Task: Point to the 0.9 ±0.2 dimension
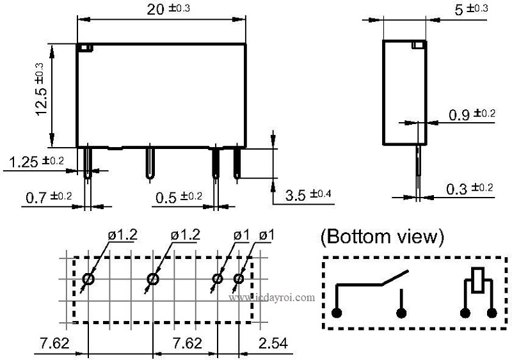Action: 471,114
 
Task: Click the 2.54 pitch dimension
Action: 272,343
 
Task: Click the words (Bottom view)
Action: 382,237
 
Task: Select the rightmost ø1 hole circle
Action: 239,279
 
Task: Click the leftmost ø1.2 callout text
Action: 122,235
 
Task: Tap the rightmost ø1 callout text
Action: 267,235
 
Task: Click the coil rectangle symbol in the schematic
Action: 477,281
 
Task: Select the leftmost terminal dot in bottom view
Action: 337,313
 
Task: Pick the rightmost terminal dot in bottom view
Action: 492,313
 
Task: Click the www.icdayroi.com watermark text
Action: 271,297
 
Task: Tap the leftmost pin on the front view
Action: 88,163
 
